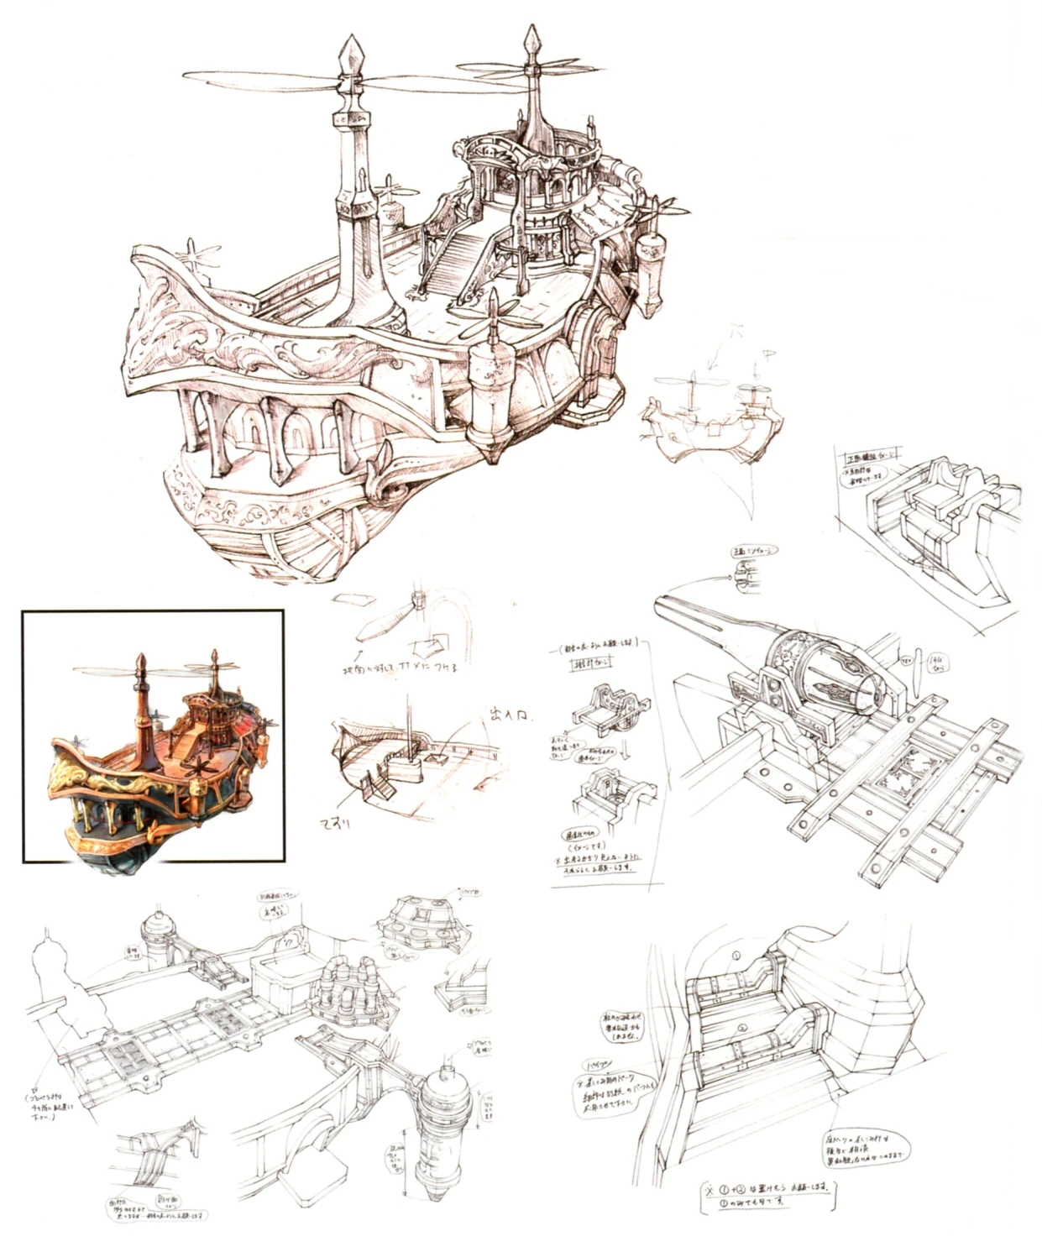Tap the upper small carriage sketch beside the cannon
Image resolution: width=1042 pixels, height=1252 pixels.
pyautogui.click(x=605, y=710)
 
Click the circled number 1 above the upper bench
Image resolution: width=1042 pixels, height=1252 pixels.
pyautogui.click(x=736, y=956)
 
